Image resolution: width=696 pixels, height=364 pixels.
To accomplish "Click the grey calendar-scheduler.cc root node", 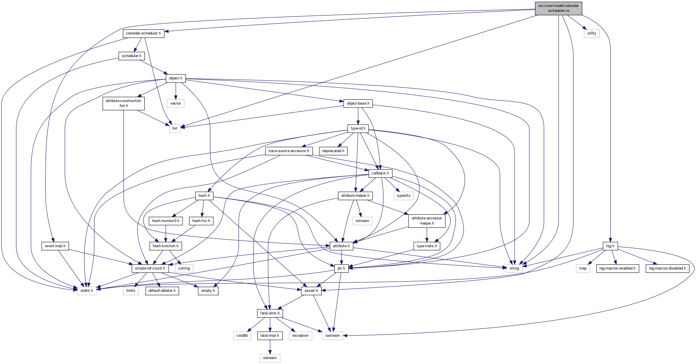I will tap(558, 8).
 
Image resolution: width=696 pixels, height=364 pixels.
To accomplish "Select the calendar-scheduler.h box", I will tap(143, 33).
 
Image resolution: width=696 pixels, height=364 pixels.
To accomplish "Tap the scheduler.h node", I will tap(132, 56).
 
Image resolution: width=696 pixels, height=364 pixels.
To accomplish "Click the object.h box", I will tap(176, 78).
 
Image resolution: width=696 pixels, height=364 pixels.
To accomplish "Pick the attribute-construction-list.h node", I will tap(123, 103).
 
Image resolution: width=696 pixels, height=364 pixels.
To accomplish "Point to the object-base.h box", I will tap(358, 103).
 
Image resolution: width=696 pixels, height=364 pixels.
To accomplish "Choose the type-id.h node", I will tap(358, 128).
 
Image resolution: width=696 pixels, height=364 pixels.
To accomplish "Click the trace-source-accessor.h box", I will tap(289, 151).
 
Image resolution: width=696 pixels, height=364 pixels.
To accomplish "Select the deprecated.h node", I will tap(333, 151).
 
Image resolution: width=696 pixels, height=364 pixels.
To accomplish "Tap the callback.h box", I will tap(380, 173).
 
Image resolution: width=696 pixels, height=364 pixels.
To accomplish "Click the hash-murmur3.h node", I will tap(166, 221).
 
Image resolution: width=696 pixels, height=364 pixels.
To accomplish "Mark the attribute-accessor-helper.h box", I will tap(427, 221).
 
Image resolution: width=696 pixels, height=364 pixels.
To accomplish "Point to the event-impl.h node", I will tap(55, 246).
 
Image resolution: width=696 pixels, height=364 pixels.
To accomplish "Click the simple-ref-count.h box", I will tap(150, 268).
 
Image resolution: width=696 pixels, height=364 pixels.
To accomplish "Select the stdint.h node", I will tap(87, 291).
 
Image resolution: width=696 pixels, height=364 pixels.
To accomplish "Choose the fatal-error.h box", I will tap(270, 313).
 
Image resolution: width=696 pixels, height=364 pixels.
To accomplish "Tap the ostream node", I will tap(270, 358).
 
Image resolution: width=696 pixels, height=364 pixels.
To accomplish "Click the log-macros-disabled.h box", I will tap(667, 268).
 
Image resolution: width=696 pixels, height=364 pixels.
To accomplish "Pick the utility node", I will tap(592, 33).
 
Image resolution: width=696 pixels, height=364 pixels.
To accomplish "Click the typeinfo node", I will tap(404, 196).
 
